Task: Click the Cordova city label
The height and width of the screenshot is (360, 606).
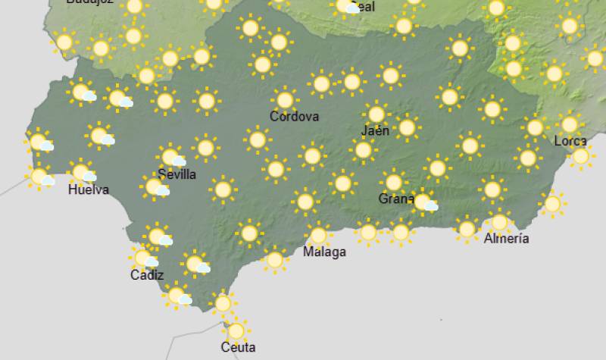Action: [x=294, y=117]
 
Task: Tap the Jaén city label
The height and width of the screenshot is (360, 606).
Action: [x=376, y=130]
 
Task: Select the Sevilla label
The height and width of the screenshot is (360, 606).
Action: [x=177, y=174]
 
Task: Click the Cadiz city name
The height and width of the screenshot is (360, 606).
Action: [x=147, y=276]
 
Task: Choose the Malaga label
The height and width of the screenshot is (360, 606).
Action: [x=324, y=252]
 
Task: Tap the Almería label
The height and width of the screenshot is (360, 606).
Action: [x=506, y=239]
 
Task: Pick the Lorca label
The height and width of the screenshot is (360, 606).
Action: [x=570, y=141]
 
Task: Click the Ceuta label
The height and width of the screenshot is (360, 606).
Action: [x=238, y=348]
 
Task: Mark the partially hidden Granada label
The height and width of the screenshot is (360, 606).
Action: [x=395, y=200]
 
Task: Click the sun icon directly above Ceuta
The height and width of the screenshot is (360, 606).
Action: [x=236, y=330]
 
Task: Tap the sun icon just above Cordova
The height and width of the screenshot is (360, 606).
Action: [x=285, y=100]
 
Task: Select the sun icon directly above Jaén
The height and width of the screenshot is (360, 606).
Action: [x=376, y=114]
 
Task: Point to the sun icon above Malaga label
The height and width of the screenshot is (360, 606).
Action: [x=318, y=234]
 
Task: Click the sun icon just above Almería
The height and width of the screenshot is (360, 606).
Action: [x=498, y=222]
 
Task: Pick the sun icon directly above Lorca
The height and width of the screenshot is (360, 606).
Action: [x=569, y=124]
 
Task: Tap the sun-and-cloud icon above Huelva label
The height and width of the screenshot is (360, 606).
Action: [x=82, y=173]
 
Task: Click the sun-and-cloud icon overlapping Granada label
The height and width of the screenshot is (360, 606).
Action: [x=424, y=202]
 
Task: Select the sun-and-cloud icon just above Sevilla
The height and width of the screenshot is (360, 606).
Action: [x=172, y=158]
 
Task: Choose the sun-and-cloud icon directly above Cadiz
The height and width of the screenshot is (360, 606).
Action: [x=144, y=259]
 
